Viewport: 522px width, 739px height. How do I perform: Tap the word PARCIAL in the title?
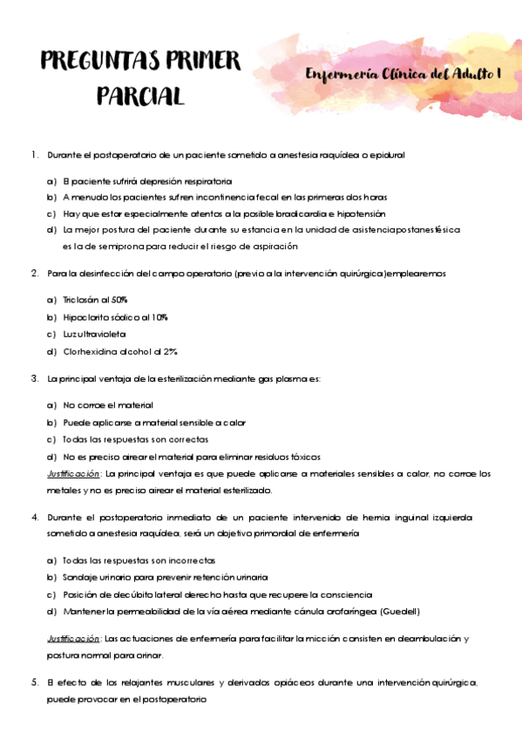pyautogui.click(x=140, y=96)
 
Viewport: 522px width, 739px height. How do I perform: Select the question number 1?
pyautogui.click(x=33, y=155)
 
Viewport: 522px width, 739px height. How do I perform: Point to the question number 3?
pyautogui.click(x=33, y=379)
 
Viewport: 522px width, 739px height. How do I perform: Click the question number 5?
pyautogui.click(x=33, y=681)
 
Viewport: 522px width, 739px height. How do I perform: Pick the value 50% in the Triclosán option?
pyautogui.click(x=116, y=299)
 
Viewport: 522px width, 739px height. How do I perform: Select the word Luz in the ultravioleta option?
pyautogui.click(x=71, y=335)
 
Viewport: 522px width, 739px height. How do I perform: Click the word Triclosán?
pyautogui.click(x=82, y=299)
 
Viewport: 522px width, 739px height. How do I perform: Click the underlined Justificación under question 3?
pyautogui.click(x=72, y=474)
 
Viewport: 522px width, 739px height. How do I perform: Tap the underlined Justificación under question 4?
pyautogui.click(x=72, y=639)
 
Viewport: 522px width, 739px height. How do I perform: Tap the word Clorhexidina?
pyautogui.click(x=94, y=352)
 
